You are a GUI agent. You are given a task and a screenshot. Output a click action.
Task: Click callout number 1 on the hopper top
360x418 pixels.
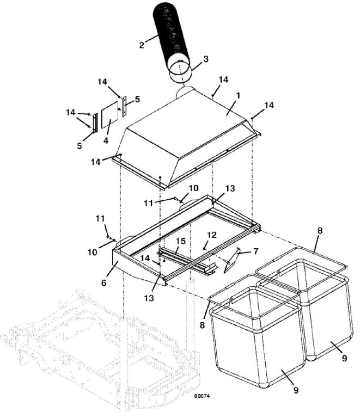click(x=238, y=95)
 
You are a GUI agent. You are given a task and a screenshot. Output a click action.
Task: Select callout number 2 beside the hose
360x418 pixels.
click(x=142, y=45)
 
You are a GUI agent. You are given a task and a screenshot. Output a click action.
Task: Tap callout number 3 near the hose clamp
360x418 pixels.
click(x=206, y=59)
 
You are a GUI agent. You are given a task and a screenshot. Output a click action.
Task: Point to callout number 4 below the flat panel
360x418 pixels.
click(x=106, y=140)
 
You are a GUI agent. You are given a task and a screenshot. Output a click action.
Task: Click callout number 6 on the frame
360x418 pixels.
click(x=104, y=282)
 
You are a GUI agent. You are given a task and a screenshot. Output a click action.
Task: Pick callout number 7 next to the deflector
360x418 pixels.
click(x=256, y=251)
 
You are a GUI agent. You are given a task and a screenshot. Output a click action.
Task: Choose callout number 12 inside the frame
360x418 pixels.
click(x=212, y=235)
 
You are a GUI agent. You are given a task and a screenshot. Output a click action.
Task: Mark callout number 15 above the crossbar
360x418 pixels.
click(x=180, y=241)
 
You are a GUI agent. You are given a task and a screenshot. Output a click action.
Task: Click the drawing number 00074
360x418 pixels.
click(x=202, y=396)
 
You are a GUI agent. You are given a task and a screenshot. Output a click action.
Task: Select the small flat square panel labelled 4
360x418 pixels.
click(x=109, y=115)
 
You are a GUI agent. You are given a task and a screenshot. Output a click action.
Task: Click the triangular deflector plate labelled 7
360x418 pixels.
click(x=231, y=260)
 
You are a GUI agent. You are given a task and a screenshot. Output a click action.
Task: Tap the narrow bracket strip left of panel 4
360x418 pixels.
click(x=95, y=123)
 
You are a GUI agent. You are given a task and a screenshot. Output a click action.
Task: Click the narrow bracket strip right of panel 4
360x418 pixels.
click(x=124, y=107)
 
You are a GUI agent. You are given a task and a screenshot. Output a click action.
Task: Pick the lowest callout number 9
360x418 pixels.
click(x=296, y=390)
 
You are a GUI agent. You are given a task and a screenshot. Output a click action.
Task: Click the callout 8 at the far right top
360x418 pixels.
click(x=320, y=231)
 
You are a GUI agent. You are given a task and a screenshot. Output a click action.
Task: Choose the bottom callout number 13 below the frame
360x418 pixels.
click(x=149, y=298)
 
